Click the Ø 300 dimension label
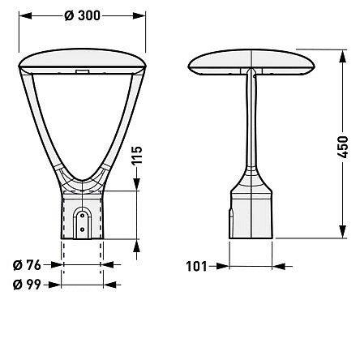(82, 15)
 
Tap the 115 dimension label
(137, 156)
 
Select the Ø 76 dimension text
(27, 265)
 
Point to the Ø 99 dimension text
(27, 285)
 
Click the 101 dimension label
(196, 267)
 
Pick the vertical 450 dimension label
(343, 148)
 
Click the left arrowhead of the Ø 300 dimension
(25, 16)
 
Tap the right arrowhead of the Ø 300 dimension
(139, 16)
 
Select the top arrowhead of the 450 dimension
(343, 56)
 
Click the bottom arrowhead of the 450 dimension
(343, 232)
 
